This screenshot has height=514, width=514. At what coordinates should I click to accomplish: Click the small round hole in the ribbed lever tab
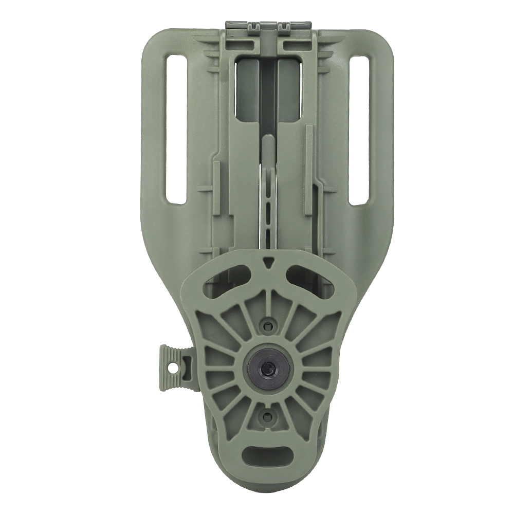pos(173,369)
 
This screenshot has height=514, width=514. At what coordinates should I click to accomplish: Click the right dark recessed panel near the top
pos(288,87)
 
